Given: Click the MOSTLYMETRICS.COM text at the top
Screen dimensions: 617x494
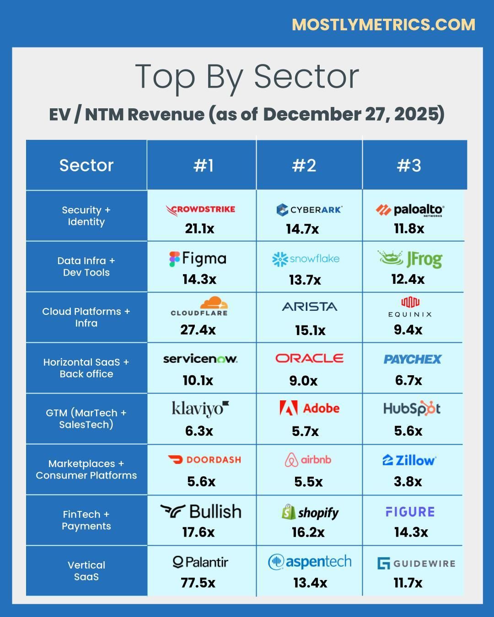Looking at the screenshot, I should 383,25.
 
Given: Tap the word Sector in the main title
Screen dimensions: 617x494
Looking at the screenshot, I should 306,76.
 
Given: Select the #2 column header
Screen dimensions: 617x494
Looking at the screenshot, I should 304,165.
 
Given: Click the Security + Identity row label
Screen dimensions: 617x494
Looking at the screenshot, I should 86,216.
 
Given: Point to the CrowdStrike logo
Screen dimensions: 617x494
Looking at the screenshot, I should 200,210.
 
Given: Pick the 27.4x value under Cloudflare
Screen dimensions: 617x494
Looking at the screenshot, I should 198,330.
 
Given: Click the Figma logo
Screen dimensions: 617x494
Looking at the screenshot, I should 198,259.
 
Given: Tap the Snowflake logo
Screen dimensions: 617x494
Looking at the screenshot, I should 306,259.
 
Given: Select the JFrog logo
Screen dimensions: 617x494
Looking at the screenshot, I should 410,259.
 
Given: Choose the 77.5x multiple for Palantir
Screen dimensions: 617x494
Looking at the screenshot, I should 198,583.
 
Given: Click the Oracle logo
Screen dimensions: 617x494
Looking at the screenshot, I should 309,358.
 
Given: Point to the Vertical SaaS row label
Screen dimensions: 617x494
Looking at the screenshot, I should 86,571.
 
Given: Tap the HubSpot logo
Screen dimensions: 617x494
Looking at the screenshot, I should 412,408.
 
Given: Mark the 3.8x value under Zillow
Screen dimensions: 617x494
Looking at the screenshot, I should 408,481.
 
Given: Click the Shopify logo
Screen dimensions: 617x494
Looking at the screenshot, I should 310,512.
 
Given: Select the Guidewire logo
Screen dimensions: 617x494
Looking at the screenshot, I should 416,563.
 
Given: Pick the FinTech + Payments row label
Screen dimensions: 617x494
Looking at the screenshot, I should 86,520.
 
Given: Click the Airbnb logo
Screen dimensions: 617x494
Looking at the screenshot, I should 308,460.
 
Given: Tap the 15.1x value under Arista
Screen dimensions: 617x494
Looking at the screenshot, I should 310,330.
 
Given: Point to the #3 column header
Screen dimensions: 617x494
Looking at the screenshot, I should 409,165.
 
